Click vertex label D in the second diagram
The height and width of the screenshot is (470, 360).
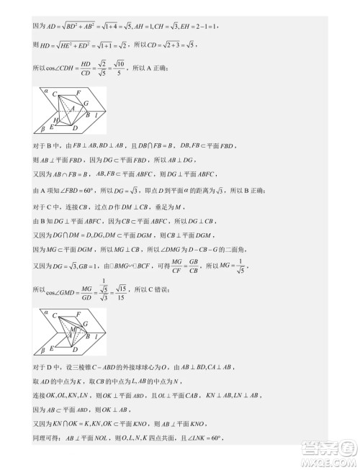click(x=75, y=348)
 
